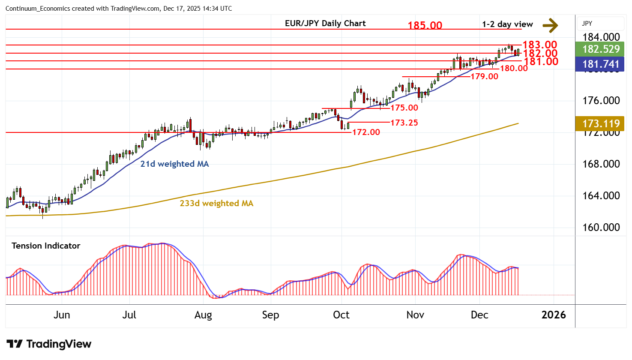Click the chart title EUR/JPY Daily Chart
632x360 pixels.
point(325,24)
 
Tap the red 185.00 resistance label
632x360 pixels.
point(425,25)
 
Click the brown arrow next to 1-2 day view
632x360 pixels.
point(550,25)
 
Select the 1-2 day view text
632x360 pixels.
point(507,24)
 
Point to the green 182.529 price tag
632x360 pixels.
point(601,49)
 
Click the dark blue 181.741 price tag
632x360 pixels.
point(601,64)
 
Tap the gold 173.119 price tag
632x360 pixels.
point(601,124)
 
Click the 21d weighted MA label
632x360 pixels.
point(174,164)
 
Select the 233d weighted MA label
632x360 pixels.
point(216,203)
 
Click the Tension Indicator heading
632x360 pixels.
point(46,246)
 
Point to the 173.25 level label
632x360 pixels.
point(404,123)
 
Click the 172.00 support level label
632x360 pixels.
point(366,132)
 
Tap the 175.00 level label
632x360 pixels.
point(404,108)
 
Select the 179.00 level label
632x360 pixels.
point(484,76)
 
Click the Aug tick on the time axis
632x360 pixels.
point(203,315)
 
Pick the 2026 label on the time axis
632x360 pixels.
point(554,315)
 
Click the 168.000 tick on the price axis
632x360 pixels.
point(601,164)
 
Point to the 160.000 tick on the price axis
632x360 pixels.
point(601,228)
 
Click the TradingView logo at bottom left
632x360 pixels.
point(49,344)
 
